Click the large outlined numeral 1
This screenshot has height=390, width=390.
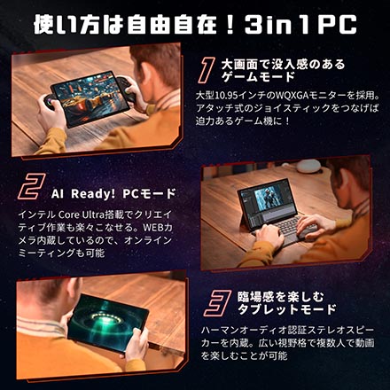207,70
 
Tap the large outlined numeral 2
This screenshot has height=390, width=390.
32,186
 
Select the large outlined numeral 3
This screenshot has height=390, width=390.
217,303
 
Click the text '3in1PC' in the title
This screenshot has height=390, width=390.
300,25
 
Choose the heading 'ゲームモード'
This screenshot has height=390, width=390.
258,77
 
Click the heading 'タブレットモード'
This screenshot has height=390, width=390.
287,309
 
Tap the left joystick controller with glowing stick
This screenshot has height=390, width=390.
50,102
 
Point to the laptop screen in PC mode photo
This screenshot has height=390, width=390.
268,201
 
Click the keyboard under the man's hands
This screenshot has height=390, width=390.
284,230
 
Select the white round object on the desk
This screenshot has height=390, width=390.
308,166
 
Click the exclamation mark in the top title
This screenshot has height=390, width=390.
232,25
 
